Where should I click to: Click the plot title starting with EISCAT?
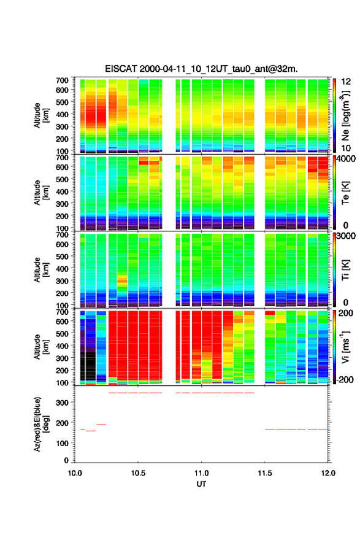point(201,69)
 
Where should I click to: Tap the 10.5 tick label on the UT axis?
point(138,473)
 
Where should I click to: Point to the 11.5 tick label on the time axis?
point(265,473)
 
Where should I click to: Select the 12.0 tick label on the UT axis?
point(328,473)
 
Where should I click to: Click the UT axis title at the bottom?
point(201,484)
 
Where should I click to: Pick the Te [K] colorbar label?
point(345,193)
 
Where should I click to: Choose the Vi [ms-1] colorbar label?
point(345,347)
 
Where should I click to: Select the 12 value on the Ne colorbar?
point(346,82)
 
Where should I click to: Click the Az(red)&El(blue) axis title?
point(41,424)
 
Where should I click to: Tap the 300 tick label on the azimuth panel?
point(63,403)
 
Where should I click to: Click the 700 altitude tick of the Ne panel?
point(63,80)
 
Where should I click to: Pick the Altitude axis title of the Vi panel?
point(41,347)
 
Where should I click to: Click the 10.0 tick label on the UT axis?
point(75,473)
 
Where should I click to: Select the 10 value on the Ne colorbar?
point(346,148)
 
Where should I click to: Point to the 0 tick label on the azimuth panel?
point(66,460)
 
